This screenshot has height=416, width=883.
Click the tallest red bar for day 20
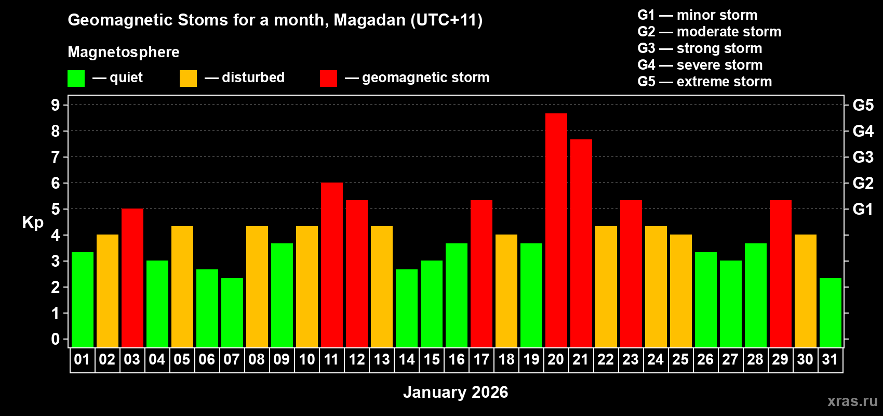point(556,230)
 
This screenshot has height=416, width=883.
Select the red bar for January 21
point(581,243)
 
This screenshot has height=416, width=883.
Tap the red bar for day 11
point(331,265)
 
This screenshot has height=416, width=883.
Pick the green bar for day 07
point(232,313)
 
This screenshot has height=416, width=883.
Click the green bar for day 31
point(830,313)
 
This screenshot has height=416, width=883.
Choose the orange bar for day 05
point(182,287)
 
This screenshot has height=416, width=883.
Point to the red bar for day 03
point(132,278)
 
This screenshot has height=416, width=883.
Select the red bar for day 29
point(780,274)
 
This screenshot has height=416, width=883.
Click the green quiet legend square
point(76,79)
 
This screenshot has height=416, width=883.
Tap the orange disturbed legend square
point(188,79)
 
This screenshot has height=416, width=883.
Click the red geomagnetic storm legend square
point(328,79)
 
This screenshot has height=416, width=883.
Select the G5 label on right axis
point(863,105)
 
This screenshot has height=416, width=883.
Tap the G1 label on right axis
point(863,209)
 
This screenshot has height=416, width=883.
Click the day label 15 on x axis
point(431,359)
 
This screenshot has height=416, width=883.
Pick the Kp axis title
point(33,222)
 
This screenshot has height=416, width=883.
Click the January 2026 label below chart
point(456,392)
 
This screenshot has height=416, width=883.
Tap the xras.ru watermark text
point(852,401)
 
